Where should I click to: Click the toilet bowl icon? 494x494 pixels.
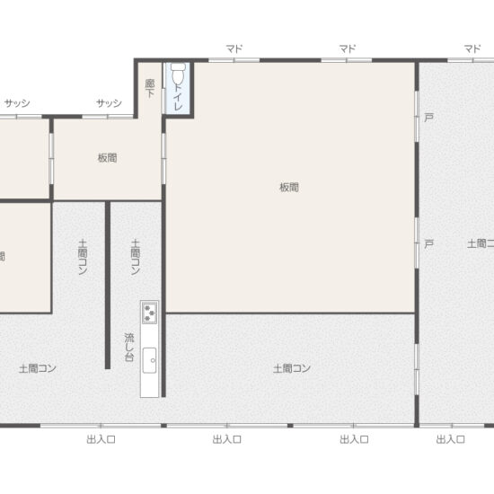(178, 72)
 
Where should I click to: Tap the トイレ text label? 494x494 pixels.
(178, 97)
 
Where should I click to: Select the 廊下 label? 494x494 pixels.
(149, 88)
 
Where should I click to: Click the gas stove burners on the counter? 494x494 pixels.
(149, 313)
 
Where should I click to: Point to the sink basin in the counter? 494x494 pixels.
(149, 357)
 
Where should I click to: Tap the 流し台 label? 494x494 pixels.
(129, 347)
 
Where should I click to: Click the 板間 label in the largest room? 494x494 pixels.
(288, 188)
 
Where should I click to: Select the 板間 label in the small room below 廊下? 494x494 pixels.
(107, 157)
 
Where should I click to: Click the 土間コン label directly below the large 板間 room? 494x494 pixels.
(292, 368)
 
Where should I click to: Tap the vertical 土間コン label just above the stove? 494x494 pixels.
(136, 257)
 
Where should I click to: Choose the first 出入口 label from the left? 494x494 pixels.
(101, 439)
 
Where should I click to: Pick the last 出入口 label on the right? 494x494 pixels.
(450, 439)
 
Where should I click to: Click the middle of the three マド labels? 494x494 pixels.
(348, 49)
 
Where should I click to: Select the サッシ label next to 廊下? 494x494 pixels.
(109, 103)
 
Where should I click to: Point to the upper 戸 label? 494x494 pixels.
(428, 119)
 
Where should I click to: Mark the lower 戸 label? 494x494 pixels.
(428, 243)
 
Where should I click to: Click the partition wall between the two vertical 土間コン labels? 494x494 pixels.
(108, 284)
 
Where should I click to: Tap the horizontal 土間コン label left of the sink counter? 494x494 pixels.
(38, 368)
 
